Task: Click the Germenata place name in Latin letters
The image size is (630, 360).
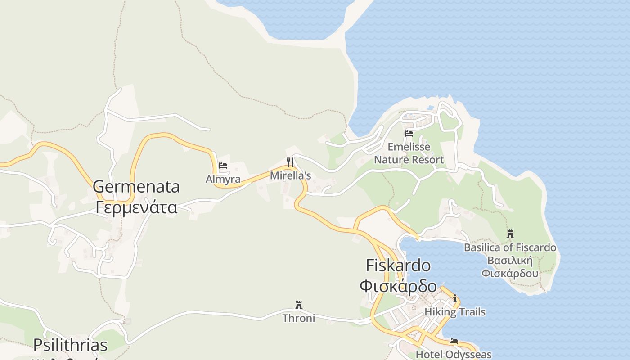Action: point(136,187)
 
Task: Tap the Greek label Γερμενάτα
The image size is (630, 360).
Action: point(136,207)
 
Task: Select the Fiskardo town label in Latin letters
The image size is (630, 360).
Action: point(398,265)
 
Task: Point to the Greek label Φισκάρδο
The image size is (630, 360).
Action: point(398,286)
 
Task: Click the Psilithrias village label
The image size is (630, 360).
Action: point(70,345)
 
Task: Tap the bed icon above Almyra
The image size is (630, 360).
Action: point(223,166)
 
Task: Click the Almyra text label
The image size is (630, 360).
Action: point(223,179)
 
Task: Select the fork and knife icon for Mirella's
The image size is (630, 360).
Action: point(290,162)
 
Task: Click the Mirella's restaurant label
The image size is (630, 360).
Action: point(290,175)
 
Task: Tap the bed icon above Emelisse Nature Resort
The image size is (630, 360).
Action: point(409,133)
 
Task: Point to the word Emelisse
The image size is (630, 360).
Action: point(409,147)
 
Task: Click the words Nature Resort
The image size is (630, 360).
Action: point(409,160)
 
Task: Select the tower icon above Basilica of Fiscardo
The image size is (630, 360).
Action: point(510,234)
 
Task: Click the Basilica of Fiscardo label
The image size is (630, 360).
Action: point(510,247)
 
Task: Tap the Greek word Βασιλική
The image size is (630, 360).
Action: point(510,261)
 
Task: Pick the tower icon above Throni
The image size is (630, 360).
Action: point(298,305)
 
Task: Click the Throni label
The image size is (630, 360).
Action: point(298,318)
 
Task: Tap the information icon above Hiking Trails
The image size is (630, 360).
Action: point(455,298)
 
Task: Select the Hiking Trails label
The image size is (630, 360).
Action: point(455,312)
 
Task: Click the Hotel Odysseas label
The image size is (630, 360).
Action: point(453,355)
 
